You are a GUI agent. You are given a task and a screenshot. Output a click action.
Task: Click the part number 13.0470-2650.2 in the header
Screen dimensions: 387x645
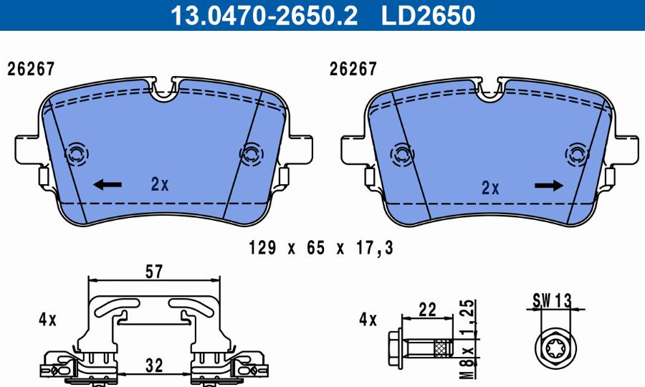coord(262,15)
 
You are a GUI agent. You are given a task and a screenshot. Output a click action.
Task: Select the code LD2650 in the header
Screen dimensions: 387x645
coord(429,15)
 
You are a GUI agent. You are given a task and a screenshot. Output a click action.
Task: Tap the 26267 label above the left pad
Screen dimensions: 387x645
coord(31,70)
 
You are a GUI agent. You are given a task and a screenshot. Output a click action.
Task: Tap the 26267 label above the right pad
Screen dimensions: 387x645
coord(353,70)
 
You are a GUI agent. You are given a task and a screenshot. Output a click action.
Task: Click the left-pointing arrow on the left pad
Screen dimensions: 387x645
coord(107,186)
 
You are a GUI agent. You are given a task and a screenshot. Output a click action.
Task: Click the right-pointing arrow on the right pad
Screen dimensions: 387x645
coord(549,186)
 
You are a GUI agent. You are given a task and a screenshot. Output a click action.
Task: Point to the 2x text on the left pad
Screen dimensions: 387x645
coord(159,185)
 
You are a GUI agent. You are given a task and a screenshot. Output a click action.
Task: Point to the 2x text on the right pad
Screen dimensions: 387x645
coord(489,188)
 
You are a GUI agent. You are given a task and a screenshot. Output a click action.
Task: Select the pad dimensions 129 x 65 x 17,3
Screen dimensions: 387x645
coord(321,248)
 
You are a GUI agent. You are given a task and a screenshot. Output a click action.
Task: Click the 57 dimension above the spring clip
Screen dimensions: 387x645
coord(154,272)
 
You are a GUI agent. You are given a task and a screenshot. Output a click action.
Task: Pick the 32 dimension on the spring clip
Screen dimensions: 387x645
coord(153,365)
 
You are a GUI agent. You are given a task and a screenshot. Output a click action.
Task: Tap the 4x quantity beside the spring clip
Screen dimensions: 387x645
coord(47,320)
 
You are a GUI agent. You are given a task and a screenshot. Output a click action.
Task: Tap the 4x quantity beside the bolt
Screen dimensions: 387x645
coord(367,320)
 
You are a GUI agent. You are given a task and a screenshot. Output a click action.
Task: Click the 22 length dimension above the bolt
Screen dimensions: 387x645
coord(428,310)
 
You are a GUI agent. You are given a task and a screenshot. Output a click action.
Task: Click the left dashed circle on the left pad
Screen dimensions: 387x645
coord(75,153)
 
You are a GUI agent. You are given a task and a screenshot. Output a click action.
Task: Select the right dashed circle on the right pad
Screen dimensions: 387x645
coord(576,154)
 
